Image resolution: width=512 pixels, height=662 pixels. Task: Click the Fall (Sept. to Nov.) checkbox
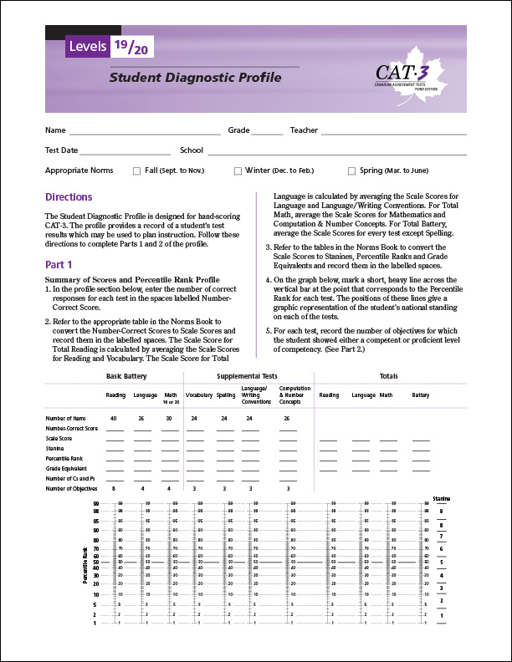(137, 171)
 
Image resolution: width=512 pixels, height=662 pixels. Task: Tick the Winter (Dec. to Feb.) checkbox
(238, 171)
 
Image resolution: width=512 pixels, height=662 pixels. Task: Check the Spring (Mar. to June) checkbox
(351, 171)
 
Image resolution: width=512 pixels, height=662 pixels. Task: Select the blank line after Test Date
(125, 151)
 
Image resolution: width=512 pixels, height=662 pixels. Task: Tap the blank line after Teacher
(393, 131)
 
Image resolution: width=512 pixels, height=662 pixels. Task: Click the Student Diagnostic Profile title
(195, 78)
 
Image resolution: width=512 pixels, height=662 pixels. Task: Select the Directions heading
(69, 197)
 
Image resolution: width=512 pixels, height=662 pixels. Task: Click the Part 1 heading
(59, 264)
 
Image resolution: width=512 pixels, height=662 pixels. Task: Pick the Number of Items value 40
(113, 417)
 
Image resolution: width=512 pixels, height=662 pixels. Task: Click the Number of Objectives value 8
(113, 487)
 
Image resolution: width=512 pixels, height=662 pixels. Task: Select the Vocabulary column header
(199, 395)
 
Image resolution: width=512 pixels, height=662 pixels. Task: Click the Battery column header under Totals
(420, 395)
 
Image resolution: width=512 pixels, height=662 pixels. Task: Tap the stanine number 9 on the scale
(441, 511)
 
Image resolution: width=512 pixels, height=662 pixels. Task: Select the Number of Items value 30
(170, 417)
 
